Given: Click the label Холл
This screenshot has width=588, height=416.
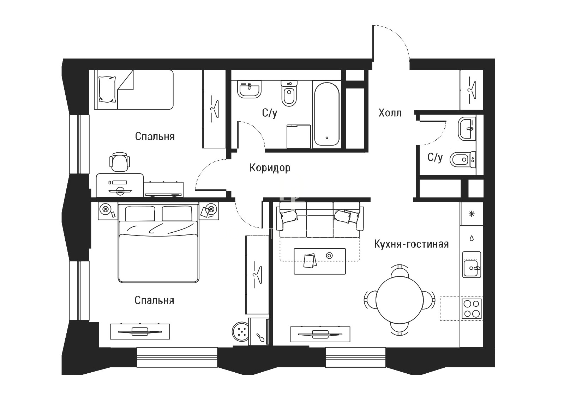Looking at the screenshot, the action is click(390, 113).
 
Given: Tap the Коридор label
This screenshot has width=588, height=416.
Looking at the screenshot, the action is click(270, 168).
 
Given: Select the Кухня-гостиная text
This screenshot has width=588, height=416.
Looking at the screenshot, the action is click(411, 244).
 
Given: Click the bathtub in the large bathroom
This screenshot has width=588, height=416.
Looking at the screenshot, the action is click(327, 114).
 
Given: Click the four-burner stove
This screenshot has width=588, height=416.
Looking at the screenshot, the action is click(472, 309).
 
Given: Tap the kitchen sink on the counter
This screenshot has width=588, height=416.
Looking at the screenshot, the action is click(472, 264).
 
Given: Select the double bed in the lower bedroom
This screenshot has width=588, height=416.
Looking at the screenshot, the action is click(158, 243).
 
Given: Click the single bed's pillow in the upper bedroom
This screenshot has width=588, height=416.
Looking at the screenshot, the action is click(107, 89).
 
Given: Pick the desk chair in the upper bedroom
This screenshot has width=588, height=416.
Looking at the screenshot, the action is click(119, 162).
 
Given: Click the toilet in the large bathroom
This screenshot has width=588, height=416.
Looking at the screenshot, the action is click(289, 93).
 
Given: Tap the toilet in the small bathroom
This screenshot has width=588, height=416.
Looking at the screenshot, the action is click(462, 159).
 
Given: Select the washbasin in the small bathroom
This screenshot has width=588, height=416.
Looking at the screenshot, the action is click(467, 129).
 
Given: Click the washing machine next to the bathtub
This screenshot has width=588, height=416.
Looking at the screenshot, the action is click(299, 136).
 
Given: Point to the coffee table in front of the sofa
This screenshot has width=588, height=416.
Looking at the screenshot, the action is click(320, 261).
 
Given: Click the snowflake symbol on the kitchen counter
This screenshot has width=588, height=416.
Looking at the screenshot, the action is click(472, 214).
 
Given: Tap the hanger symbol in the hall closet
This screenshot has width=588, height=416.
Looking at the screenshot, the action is click(472, 91).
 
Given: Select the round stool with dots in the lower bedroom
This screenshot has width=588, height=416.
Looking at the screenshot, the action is click(240, 332).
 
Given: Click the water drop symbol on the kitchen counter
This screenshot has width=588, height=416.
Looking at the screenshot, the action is click(472, 238).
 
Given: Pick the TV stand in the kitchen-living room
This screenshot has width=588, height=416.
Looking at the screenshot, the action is click(320, 334).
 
